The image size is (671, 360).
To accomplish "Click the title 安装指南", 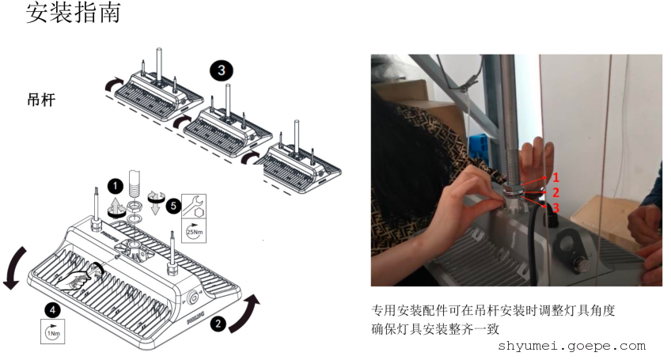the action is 73,12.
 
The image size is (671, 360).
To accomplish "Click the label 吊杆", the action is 41,100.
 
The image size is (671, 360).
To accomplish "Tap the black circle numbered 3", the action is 222,70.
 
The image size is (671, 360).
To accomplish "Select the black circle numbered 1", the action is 115,186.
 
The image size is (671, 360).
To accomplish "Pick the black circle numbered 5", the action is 173,206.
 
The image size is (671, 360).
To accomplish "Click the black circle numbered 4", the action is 53,309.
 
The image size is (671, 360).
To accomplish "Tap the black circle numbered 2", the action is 218,323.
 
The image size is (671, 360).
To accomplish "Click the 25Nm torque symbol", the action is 194,231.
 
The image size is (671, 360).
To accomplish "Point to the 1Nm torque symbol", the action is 53,332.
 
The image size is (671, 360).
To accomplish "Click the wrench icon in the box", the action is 194,206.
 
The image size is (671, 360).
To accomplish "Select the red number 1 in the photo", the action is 555,177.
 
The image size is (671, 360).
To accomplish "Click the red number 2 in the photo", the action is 555,192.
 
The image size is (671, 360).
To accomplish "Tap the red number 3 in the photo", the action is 555,207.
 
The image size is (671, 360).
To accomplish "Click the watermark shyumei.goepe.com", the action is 572,346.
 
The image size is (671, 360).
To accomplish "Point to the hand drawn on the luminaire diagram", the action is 76,280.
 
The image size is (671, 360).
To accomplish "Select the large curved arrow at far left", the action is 15,267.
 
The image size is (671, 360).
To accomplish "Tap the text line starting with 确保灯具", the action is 435,329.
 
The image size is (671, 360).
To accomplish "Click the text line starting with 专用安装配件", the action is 493,310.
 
